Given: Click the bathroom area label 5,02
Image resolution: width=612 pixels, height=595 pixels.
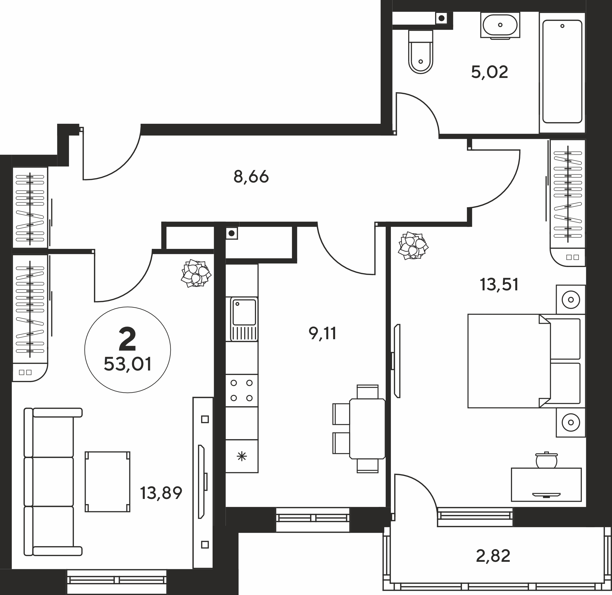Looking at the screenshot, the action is pos(489,72).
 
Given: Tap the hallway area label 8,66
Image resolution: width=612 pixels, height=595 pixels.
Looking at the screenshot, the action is pos(251,177).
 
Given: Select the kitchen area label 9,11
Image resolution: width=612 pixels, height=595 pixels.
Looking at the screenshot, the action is pos(322,333).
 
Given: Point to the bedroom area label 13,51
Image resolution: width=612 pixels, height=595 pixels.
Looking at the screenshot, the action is pos(499,285).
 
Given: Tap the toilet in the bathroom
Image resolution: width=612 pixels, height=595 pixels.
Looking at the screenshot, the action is pos(421,52).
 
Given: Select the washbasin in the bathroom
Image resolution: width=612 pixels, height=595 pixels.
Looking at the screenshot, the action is pos(500,25).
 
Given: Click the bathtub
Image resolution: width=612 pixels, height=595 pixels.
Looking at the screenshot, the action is pos(562,72).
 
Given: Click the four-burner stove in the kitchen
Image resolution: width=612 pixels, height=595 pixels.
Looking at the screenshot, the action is pos(242,391).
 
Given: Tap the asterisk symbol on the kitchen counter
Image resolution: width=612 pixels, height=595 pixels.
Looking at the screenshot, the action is pos(242,457).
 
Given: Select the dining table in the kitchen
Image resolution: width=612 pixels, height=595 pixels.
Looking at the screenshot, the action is pos(367,428).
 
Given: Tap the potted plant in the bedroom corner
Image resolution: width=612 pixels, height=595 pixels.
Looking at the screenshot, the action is pos(413,245).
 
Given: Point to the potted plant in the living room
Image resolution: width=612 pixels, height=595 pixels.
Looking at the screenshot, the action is pos(196,273).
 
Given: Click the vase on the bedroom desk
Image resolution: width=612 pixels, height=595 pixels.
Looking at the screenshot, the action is pos(546,460).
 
